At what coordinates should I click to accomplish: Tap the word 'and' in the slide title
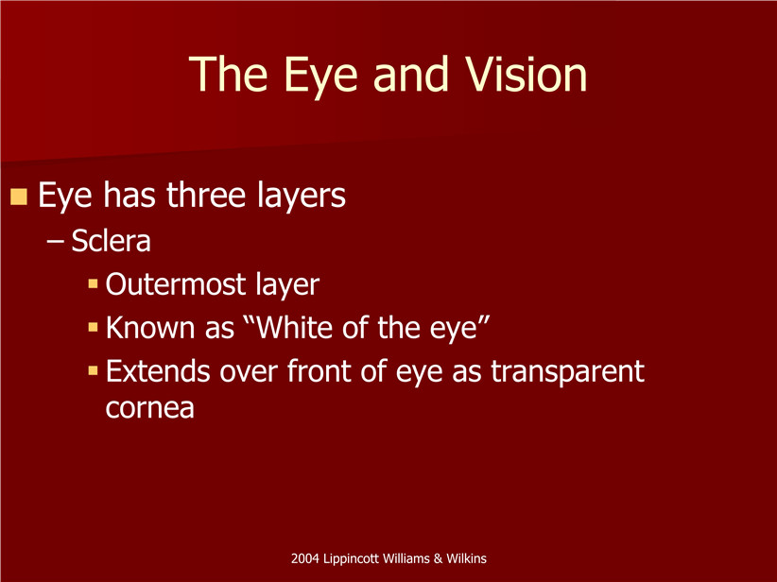pos(411,75)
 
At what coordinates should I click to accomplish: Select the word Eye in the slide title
pos(320,78)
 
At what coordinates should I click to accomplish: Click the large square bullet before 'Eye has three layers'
pos(18,197)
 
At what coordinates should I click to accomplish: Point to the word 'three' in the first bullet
pos(206,195)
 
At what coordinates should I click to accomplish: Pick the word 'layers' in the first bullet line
pos(302,197)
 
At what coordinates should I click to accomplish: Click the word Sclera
pos(111,241)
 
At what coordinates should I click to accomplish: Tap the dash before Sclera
pos(55,242)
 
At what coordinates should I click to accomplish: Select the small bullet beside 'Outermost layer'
pos(94,283)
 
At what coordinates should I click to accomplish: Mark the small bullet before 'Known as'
pos(94,328)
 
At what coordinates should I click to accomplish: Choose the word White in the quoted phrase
pos(294,328)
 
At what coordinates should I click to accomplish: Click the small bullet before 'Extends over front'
pos(94,371)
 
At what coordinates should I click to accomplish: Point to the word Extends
pos(158,371)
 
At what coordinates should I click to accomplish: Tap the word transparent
pos(568,372)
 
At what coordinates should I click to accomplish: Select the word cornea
pos(149,409)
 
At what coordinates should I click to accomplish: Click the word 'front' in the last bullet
pos(319,371)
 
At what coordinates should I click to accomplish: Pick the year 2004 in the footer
pos(305,558)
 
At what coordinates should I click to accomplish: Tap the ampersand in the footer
pos(438,558)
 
